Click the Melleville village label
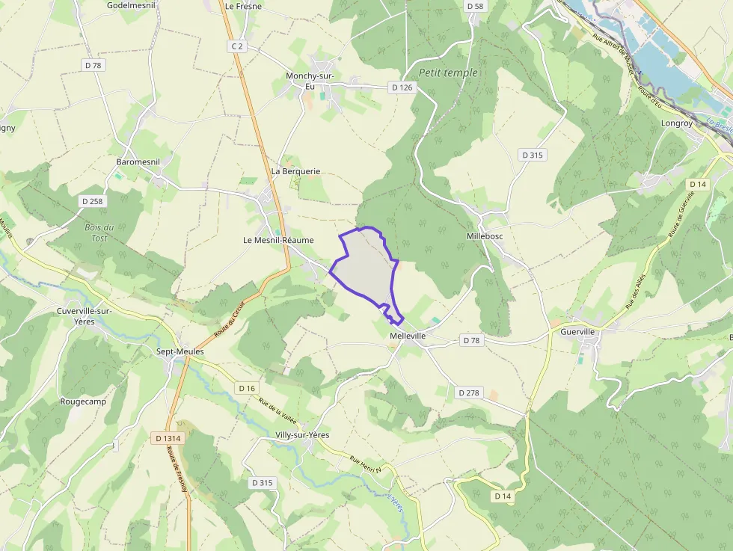[x=408, y=336]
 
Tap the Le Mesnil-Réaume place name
[x=278, y=240]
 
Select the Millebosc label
[x=485, y=236]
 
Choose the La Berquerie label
[x=295, y=171]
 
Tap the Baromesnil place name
[x=138, y=161]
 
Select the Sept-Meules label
[x=174, y=351]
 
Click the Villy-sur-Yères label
[x=302, y=435]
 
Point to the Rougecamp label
[x=83, y=401]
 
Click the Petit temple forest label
[x=448, y=73]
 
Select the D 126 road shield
[x=402, y=87]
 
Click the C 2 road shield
[x=237, y=46]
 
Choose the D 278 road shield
[x=468, y=393]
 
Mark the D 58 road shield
[x=475, y=6]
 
